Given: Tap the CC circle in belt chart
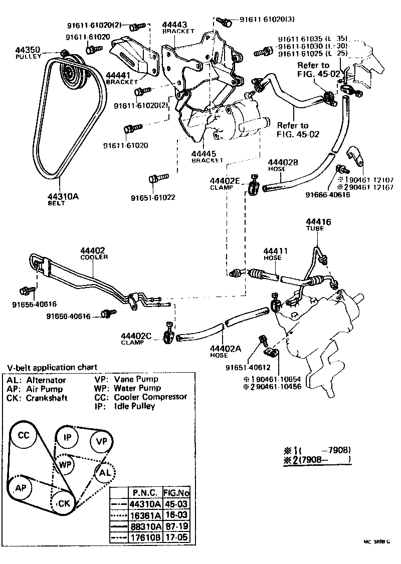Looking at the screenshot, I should coord(24,435).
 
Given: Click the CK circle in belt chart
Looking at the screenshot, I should coord(64,502).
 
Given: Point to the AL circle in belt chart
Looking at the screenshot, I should coord(105,472).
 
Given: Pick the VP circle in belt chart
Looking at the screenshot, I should coord(102,441).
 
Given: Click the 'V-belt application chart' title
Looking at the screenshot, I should coord(52,367).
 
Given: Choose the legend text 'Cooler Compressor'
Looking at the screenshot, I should coord(150,397).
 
